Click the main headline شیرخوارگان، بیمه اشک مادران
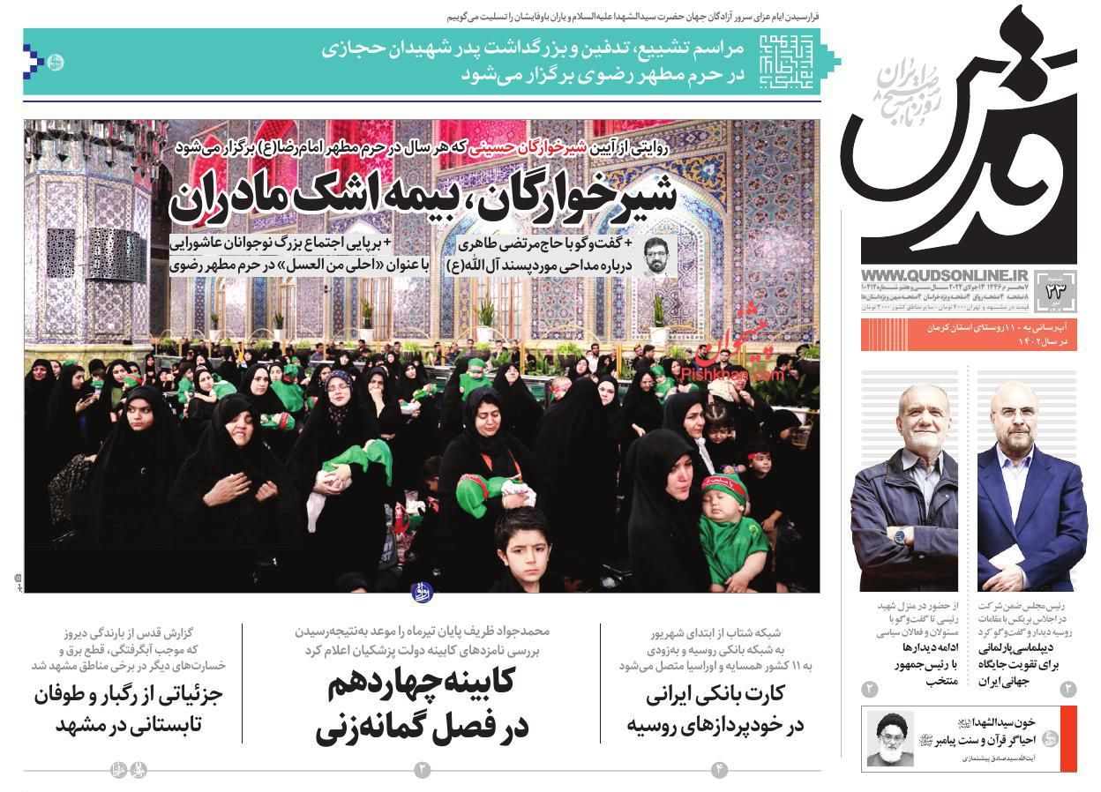(x=423, y=196)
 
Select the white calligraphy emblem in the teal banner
(x=783, y=61)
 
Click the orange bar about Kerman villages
(x=969, y=334)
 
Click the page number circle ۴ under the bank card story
(x=719, y=770)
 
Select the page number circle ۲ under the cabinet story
(x=421, y=770)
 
